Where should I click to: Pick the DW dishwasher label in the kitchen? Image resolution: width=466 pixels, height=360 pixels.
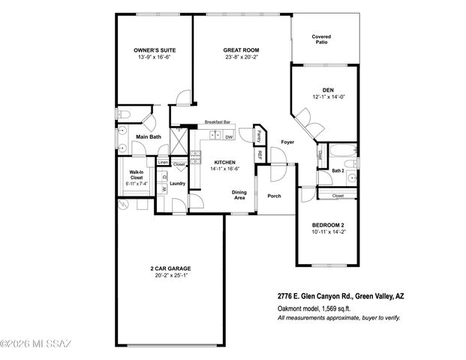229,136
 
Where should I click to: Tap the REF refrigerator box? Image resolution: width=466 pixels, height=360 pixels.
260,154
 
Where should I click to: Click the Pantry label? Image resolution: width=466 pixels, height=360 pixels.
259,136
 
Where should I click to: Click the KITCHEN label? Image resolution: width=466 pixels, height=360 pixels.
225,162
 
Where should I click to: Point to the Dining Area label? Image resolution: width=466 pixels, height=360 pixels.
239,196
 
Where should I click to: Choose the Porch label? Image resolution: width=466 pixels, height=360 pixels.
274,196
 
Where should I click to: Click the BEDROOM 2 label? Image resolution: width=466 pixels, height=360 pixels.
327,224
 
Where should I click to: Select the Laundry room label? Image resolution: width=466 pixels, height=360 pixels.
178,183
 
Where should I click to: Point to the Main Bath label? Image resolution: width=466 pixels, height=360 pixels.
149,136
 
